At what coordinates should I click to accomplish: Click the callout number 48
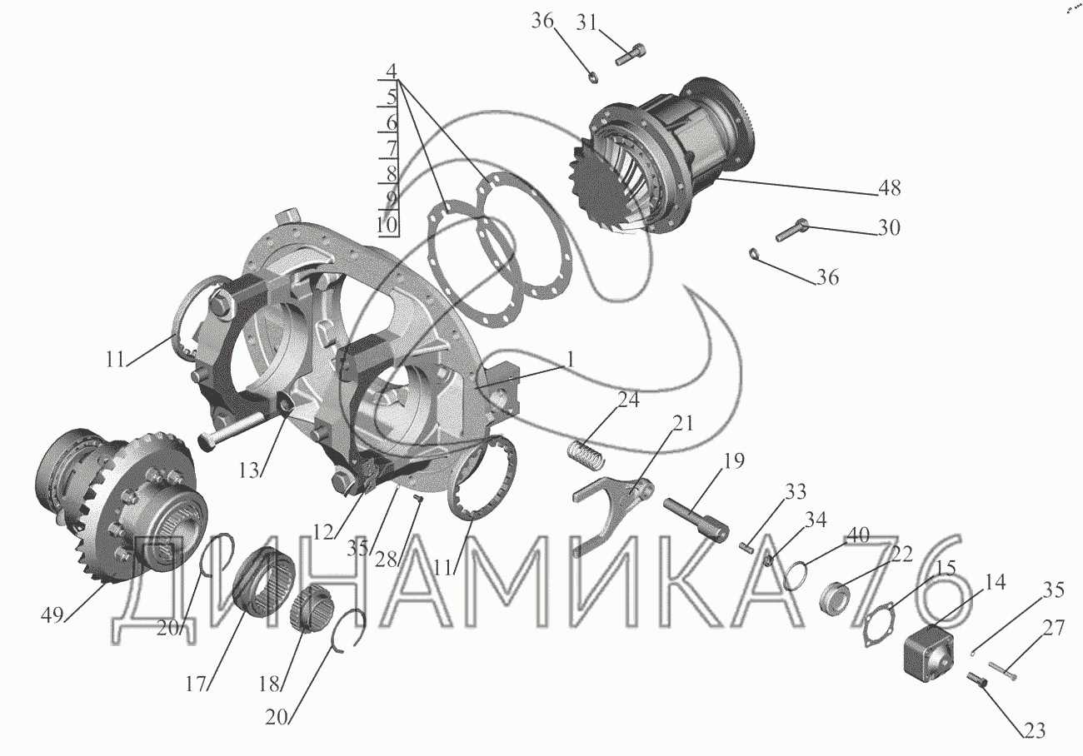[889, 187]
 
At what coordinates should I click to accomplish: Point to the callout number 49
[52, 615]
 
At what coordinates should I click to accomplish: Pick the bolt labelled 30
[791, 230]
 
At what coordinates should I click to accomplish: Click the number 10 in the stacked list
[387, 225]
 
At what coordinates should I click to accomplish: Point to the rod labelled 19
[696, 520]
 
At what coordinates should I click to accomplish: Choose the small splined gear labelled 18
[306, 608]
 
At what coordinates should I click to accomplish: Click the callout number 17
[197, 684]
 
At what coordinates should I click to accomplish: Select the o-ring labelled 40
[796, 576]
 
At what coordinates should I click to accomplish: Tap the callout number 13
[249, 471]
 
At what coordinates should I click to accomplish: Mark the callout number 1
[571, 360]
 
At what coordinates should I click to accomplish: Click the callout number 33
[796, 492]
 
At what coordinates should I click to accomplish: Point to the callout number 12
[323, 532]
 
